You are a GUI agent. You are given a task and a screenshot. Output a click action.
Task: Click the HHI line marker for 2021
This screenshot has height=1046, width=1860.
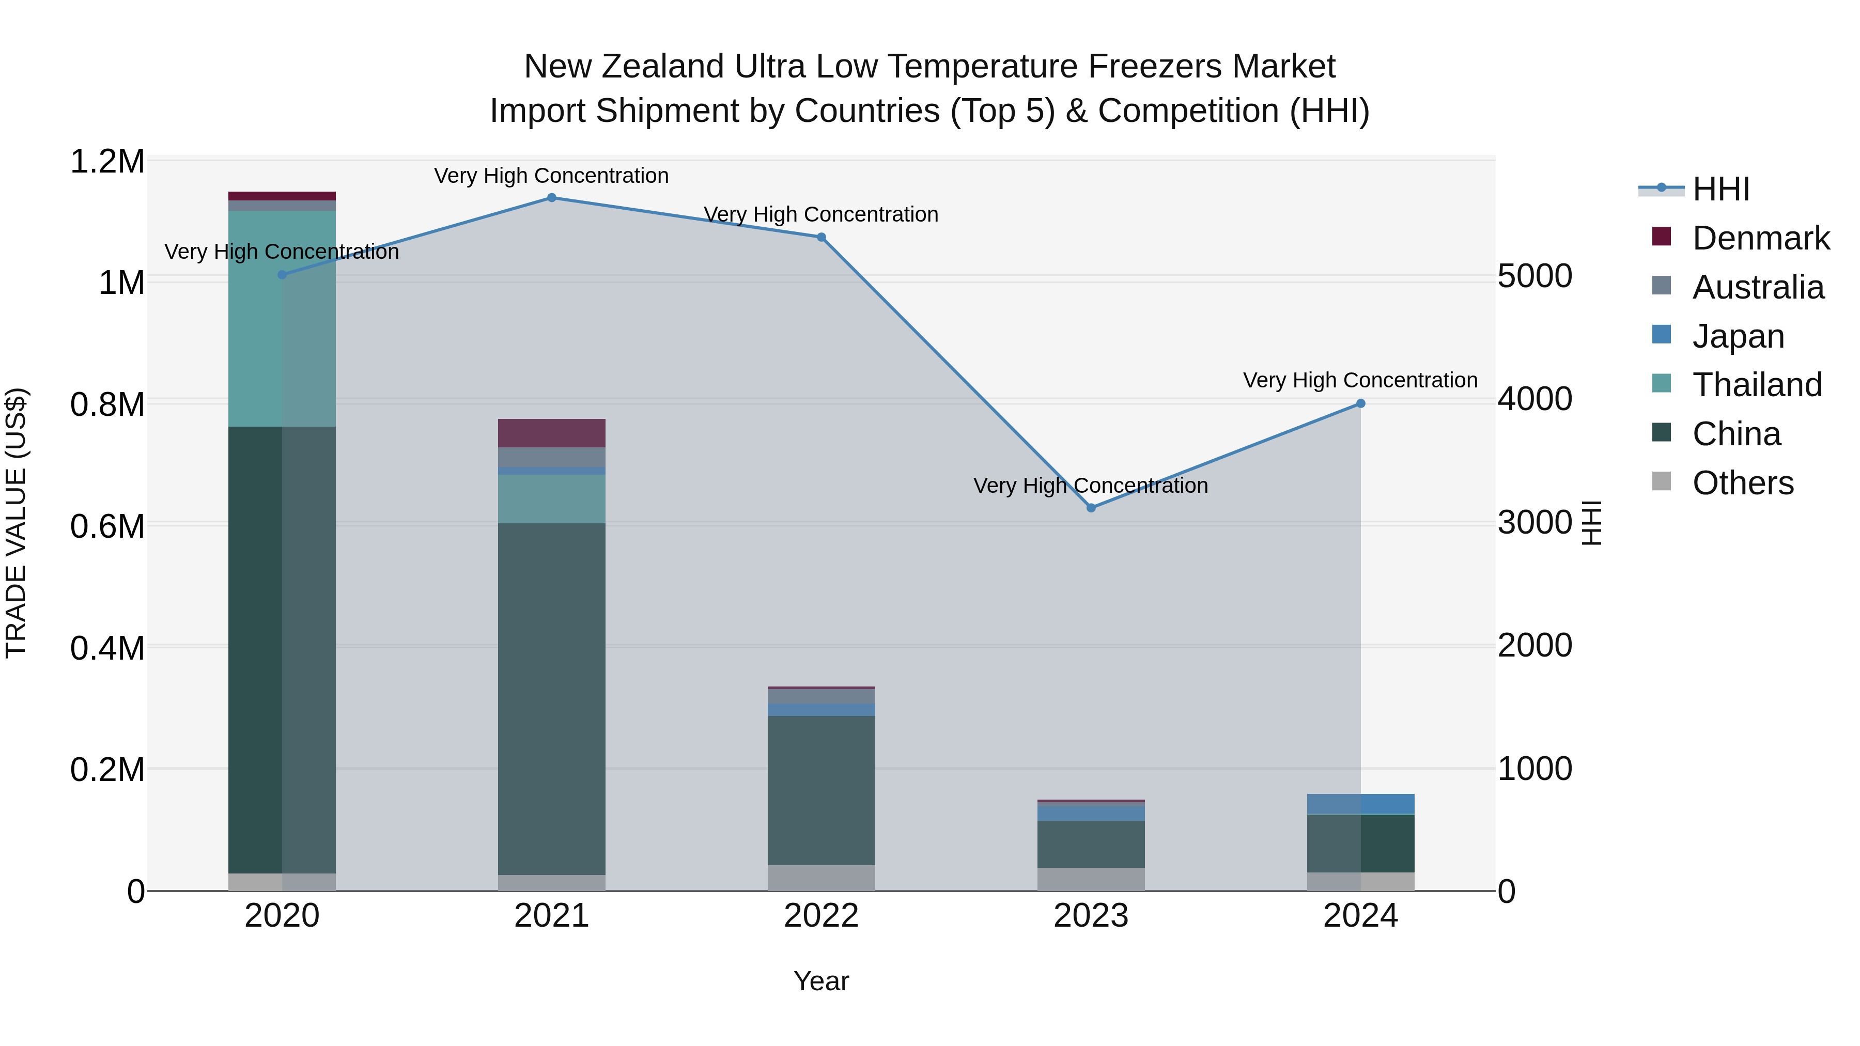pyautogui.click(x=552, y=198)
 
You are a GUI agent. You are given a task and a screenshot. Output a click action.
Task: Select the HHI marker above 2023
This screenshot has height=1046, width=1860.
pyautogui.click(x=1091, y=508)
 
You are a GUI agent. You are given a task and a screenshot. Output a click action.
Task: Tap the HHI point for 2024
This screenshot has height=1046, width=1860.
pyautogui.click(x=1360, y=403)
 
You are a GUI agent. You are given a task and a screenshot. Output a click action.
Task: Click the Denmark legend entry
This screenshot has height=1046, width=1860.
pyautogui.click(x=1760, y=238)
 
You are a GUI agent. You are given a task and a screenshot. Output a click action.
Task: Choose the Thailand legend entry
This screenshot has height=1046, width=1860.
pyautogui.click(x=1757, y=385)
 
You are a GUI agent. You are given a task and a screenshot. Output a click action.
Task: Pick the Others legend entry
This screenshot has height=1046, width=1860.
pyautogui.click(x=1742, y=483)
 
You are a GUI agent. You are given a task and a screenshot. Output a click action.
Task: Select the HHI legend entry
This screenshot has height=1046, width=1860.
pyautogui.click(x=1721, y=189)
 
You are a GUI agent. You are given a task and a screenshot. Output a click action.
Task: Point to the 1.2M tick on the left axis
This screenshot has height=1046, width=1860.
pyautogui.click(x=107, y=162)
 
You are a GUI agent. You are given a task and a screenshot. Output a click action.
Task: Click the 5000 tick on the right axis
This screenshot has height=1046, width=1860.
pyautogui.click(x=1535, y=276)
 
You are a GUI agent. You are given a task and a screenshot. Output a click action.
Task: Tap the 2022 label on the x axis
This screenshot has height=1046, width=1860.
pyautogui.click(x=821, y=916)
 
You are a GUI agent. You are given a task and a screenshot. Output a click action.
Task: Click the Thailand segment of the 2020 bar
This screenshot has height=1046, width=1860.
pyautogui.click(x=282, y=318)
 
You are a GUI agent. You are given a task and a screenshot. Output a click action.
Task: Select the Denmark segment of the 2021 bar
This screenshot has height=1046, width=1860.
pyautogui.click(x=552, y=433)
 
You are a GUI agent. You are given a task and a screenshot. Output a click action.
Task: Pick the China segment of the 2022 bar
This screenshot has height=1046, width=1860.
pyautogui.click(x=821, y=790)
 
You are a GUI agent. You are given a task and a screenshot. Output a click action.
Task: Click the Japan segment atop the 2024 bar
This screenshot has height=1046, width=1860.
pyautogui.click(x=1360, y=803)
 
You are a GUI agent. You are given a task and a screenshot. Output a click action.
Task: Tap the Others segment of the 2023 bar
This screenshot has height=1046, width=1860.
pyautogui.click(x=1091, y=879)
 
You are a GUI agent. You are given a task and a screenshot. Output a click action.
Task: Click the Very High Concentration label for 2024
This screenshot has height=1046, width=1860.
pyautogui.click(x=1360, y=380)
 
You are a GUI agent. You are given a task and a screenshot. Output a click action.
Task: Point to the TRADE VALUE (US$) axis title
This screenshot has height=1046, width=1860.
pyautogui.click(x=16, y=523)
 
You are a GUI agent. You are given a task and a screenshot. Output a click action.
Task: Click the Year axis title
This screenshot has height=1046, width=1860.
pyautogui.click(x=821, y=981)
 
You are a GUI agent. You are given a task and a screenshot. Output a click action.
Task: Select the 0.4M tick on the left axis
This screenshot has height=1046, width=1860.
pyautogui.click(x=107, y=648)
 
